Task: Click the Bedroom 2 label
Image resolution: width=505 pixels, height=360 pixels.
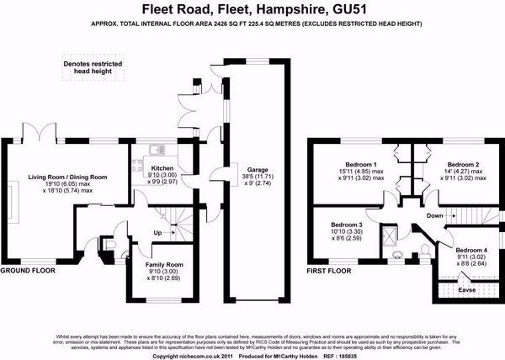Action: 462,164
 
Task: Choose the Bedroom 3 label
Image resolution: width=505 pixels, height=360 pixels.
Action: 347,225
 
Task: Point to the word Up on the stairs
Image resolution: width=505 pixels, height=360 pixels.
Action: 157,233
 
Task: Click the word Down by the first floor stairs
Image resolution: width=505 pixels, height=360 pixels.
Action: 435,215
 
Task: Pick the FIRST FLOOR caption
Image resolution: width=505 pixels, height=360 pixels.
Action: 327,272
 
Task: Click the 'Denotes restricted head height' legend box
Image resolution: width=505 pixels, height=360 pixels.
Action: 91,67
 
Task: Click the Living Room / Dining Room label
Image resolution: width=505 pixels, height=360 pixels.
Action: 68,177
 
